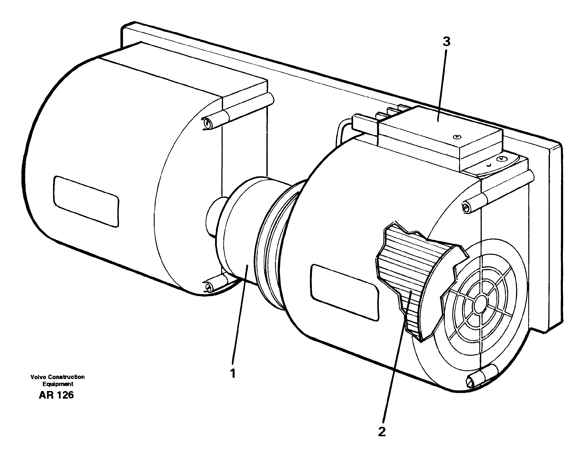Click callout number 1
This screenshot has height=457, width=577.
point(233,373)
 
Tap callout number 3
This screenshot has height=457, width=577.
point(446,42)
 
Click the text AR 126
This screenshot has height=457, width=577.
point(56,395)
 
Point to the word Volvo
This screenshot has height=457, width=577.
point(37,377)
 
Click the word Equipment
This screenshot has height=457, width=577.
point(58,384)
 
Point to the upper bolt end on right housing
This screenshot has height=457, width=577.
point(466,207)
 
